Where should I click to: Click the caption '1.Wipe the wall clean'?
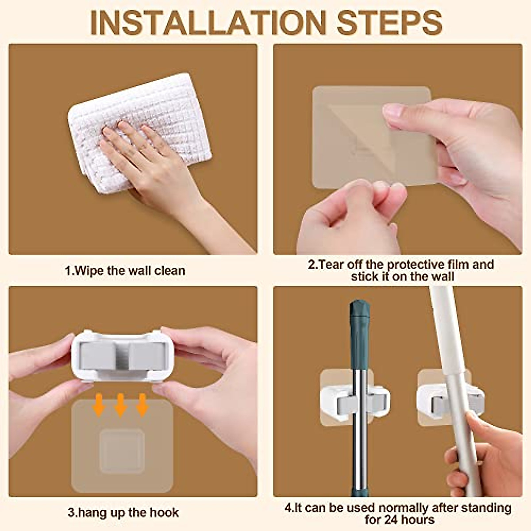pyautogui.click(x=125, y=270)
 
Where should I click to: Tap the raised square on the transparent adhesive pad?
pyautogui.click(x=121, y=450)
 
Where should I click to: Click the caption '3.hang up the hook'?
pyautogui.click(x=123, y=512)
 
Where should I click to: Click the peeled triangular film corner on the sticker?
pyautogui.click(x=354, y=133)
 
